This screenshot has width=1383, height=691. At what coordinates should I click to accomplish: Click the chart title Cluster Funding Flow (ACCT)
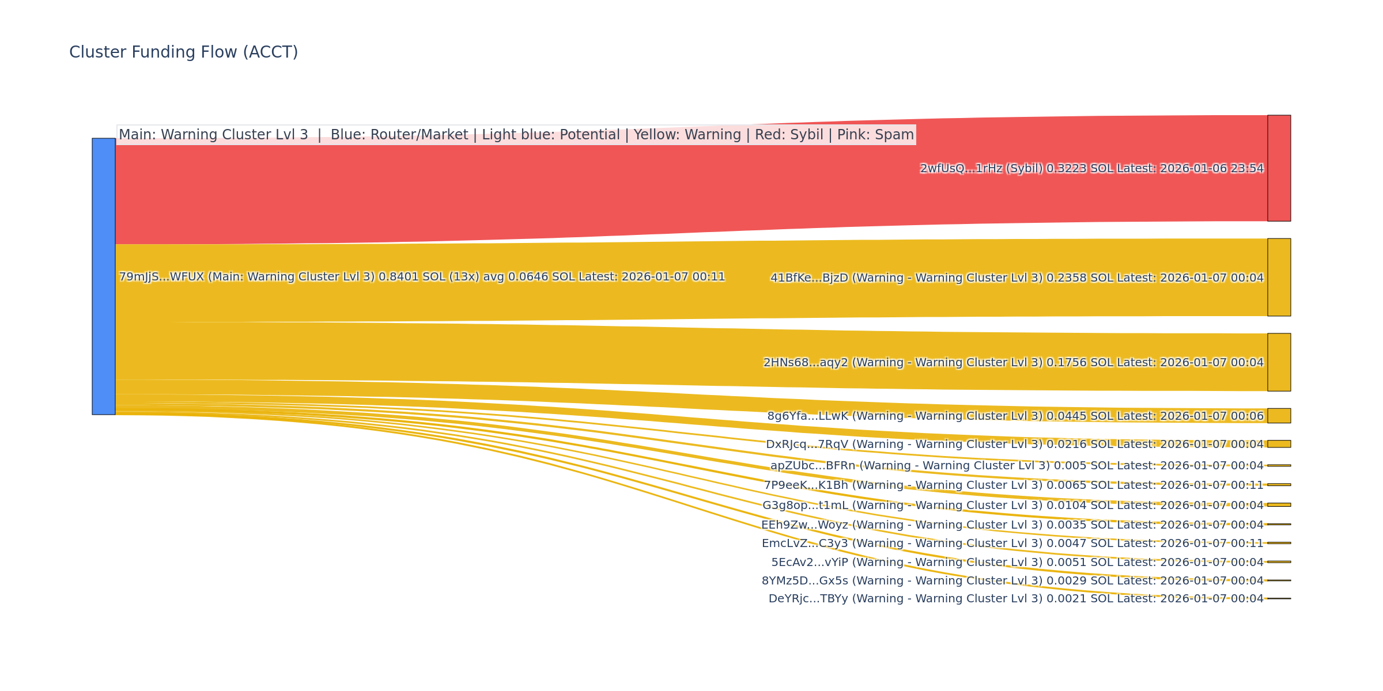[183, 52]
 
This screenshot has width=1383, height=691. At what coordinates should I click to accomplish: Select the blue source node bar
[104, 276]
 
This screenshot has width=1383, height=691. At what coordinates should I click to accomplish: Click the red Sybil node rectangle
[1279, 168]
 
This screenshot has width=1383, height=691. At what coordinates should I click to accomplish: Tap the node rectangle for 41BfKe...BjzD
[1279, 277]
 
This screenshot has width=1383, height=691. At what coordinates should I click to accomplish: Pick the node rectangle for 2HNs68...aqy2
[1279, 362]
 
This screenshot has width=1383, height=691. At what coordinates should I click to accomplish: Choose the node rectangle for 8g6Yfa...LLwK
[1279, 416]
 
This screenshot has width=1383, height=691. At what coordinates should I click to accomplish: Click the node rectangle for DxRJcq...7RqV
[1279, 444]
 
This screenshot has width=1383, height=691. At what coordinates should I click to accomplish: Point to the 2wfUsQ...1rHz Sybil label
[1091, 169]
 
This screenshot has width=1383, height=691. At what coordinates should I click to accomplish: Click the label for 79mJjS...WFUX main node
[422, 277]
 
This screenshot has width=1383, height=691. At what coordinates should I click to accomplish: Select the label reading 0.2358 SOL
[1017, 278]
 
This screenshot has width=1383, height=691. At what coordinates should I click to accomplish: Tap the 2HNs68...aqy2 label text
[1013, 363]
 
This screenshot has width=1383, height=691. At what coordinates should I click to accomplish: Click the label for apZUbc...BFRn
[1017, 466]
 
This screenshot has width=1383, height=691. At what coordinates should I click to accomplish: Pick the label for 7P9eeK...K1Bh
[1013, 485]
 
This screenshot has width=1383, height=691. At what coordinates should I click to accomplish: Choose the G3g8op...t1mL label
[1012, 506]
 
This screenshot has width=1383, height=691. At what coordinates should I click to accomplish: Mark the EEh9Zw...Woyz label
[1012, 525]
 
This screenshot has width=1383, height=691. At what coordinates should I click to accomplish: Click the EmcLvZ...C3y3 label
[1012, 544]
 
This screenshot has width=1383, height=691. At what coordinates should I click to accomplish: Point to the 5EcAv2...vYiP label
[1017, 563]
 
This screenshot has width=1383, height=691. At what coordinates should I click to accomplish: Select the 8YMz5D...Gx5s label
[1012, 581]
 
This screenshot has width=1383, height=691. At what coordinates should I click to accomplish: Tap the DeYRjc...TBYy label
[1015, 599]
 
